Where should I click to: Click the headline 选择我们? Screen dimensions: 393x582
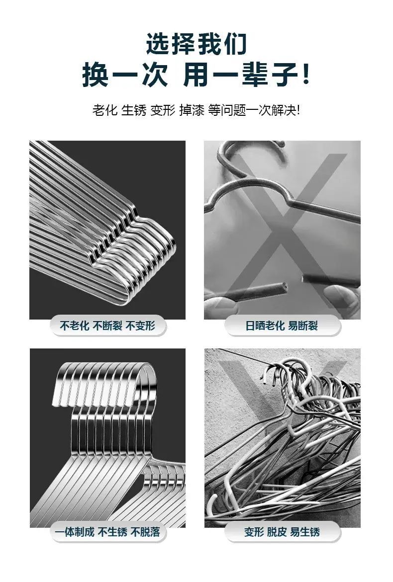click(196, 44)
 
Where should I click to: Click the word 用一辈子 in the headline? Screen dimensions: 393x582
click(241, 75)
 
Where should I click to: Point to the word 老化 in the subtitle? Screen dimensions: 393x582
click(105, 110)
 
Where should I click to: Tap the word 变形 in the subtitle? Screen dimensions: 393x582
click(163, 110)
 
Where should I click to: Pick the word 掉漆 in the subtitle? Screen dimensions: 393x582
click(192, 110)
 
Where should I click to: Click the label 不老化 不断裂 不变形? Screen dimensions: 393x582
click(107, 326)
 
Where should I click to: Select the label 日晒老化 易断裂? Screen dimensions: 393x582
click(282, 326)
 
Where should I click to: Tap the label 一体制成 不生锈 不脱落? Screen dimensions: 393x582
click(107, 532)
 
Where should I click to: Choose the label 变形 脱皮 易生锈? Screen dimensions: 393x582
click(282, 532)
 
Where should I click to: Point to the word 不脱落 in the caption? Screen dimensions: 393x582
click(145, 532)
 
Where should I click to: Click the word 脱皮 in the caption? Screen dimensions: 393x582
click(277, 532)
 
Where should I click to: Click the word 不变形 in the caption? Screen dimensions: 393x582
click(140, 326)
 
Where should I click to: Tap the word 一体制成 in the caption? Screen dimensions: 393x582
click(75, 532)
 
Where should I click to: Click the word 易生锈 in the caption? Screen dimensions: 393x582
click(305, 532)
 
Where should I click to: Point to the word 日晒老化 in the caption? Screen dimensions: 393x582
click(265, 326)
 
